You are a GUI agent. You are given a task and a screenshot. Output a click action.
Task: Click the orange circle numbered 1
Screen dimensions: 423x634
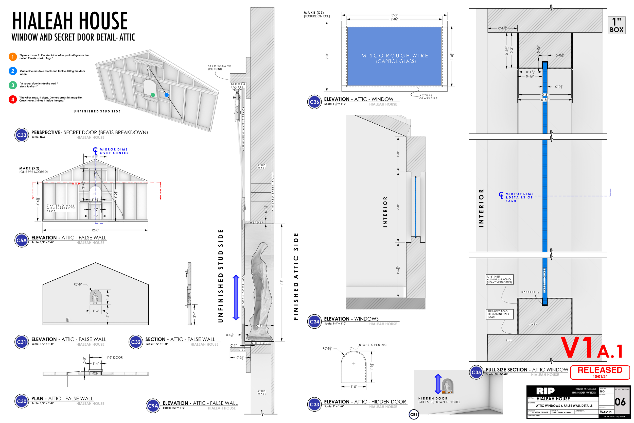click(13, 57)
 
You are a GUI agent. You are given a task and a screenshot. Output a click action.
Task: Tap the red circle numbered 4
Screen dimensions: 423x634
click(13, 99)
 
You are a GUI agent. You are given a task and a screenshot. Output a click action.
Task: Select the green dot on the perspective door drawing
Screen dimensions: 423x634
click(153, 95)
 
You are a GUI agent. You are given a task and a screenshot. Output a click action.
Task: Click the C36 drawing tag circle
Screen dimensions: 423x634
click(314, 102)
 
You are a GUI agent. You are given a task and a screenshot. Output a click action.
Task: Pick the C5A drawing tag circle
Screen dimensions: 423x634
click(22, 240)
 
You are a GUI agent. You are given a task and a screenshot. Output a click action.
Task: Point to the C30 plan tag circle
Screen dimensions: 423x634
click(22, 401)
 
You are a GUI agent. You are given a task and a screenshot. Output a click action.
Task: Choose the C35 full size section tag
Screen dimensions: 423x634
click(476, 372)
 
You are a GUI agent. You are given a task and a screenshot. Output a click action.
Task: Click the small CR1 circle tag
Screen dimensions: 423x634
click(414, 415)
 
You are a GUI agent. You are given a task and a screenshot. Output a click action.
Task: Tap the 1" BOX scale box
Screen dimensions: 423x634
click(617, 25)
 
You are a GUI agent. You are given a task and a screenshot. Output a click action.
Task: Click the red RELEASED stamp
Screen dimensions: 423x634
click(600, 372)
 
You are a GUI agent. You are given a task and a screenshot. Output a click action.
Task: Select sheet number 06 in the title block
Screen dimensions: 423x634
click(620, 402)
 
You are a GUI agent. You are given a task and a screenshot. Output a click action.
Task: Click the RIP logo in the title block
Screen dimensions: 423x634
click(545, 391)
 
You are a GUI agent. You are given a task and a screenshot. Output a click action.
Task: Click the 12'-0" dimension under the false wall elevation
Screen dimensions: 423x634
click(95, 230)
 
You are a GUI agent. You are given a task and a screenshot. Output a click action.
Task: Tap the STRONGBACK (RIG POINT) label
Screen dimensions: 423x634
click(219, 67)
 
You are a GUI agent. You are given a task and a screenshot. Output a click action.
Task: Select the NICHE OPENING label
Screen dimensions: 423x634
click(373, 345)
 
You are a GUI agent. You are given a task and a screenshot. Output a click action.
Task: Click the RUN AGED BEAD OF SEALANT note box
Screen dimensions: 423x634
click(499, 314)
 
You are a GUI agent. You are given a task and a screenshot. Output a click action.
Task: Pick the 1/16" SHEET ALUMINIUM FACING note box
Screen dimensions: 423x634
click(499, 279)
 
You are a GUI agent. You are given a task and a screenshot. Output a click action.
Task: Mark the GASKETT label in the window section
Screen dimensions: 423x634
click(528, 292)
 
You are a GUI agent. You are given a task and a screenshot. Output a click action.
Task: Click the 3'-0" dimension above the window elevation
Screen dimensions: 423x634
click(394, 15)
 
